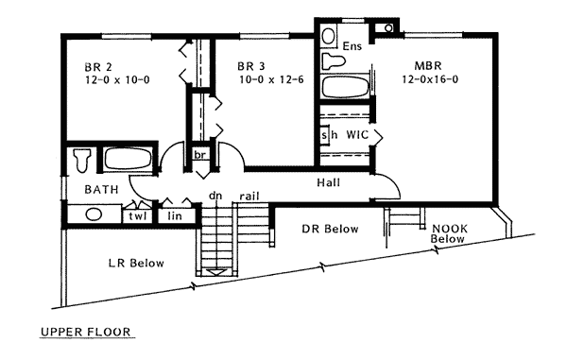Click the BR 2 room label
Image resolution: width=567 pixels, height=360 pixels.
click(98, 67)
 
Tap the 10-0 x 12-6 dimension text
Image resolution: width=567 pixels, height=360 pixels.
click(271, 79)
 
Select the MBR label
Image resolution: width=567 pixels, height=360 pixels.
click(428, 66)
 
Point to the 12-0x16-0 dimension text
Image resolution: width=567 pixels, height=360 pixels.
click(430, 79)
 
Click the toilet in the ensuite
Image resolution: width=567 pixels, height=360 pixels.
click(333, 60)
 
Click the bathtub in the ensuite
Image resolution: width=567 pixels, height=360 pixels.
click(345, 86)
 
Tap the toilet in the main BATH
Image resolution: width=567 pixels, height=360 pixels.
click(81, 160)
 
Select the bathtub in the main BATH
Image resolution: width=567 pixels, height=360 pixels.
click(128, 159)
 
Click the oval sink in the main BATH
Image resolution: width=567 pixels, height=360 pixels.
click(94, 214)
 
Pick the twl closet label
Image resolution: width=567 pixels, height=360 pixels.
click(138, 216)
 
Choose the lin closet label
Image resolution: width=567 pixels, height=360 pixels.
click(175, 216)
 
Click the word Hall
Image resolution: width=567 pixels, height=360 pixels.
click(328, 182)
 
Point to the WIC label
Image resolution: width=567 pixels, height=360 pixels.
click(357, 135)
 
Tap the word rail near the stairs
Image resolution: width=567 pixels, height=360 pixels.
click(249, 197)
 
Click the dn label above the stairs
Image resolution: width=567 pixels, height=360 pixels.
click(215, 196)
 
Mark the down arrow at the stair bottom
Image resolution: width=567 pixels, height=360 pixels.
click(216, 272)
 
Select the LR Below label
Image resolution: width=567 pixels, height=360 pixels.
click(136, 263)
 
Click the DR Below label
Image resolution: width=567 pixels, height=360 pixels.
click(330, 229)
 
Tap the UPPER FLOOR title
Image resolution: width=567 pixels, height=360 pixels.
click(86, 332)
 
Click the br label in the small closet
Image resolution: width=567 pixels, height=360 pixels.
click(199, 155)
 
